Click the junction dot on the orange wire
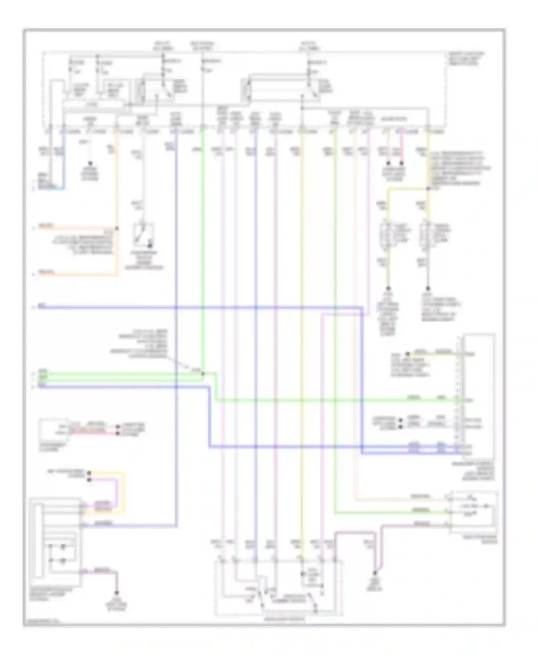pyautogui.click(x=117, y=228)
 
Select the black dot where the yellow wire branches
pyautogui.click(x=428, y=188)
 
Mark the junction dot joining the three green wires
pyautogui.click(x=203, y=374)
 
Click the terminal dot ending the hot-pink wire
pyautogui.click(x=402, y=163)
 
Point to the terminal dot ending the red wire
pyautogui.click(x=117, y=433)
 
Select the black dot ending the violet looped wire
pyautogui.click(x=89, y=479)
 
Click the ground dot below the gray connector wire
pyautogui.click(x=428, y=288)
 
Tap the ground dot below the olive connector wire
pyautogui.click(x=388, y=288)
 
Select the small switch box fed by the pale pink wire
pyautogui.click(x=143, y=235)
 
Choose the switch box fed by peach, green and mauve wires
pyautogui.click(x=473, y=511)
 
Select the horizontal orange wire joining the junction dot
pyautogui.click(x=77, y=228)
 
